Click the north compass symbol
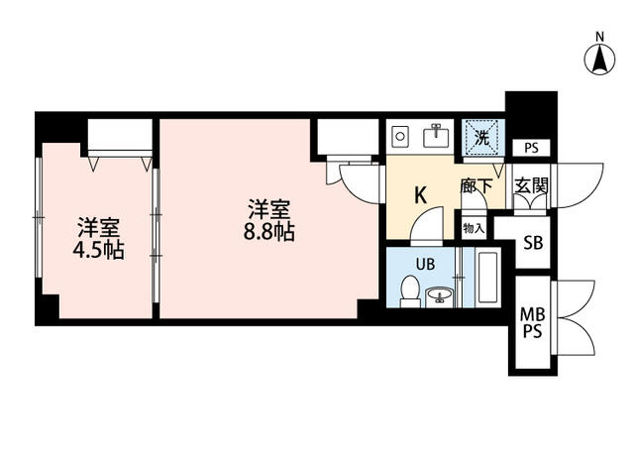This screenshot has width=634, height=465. pyautogui.click(x=599, y=59)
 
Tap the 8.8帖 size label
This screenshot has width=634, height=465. pyautogui.click(x=268, y=232)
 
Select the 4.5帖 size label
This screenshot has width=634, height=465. pyautogui.click(x=98, y=250)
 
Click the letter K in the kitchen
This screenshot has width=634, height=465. pyautogui.click(x=420, y=196)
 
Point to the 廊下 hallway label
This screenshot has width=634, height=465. pyautogui.click(x=475, y=186)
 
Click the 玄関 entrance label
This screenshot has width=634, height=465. pyautogui.click(x=531, y=185)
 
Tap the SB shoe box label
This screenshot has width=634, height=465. pyautogui.click(x=533, y=243)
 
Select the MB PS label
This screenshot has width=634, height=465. pyautogui.click(x=533, y=322)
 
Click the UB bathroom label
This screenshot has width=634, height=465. pyautogui.click(x=425, y=265)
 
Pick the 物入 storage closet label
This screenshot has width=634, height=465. pyautogui.click(x=474, y=229)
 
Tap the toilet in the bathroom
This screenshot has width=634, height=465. pyautogui.click(x=410, y=291)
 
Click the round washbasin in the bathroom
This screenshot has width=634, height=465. pyautogui.click(x=440, y=295)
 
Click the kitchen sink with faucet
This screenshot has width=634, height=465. pyautogui.click(x=436, y=136)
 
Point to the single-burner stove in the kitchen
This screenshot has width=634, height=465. pyautogui.click(x=400, y=136)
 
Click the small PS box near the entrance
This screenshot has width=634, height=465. pyautogui.click(x=531, y=148)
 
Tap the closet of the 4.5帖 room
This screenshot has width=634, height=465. pyautogui.click(x=120, y=138)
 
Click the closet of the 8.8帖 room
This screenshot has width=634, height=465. pyautogui.click(x=348, y=137)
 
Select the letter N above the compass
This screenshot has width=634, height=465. pyautogui.click(x=600, y=37)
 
